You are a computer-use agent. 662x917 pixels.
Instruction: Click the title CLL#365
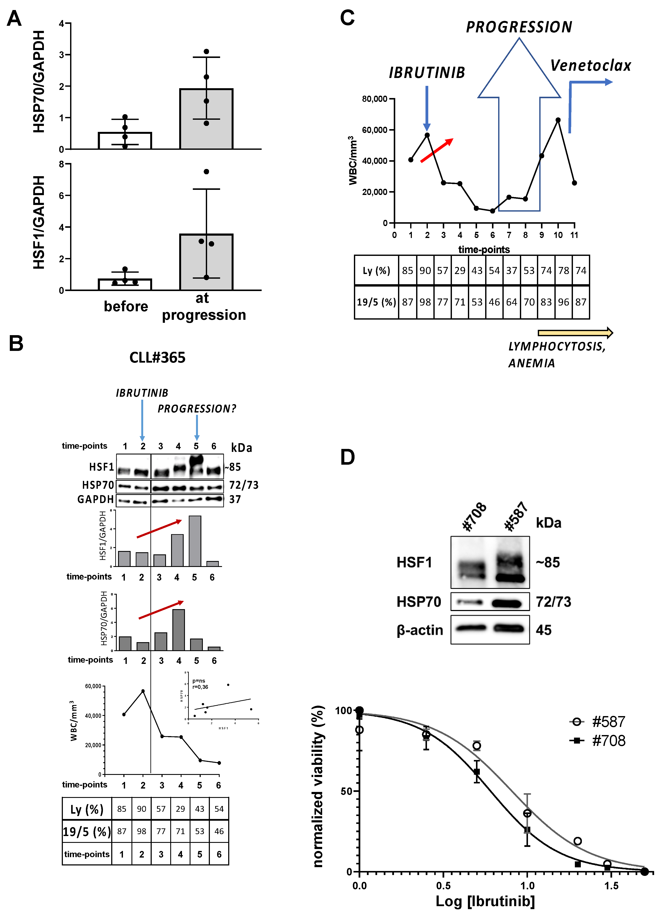157,358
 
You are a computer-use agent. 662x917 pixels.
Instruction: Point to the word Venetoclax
590,65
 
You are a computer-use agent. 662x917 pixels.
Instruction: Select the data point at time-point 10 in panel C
558,120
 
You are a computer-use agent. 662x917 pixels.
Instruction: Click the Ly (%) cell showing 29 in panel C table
460,271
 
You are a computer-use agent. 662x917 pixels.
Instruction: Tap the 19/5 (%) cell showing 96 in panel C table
563,302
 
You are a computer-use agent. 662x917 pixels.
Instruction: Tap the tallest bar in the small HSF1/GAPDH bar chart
195,541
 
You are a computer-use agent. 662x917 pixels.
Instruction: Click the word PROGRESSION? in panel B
196,409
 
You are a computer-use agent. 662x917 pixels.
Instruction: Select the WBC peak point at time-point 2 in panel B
143,691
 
